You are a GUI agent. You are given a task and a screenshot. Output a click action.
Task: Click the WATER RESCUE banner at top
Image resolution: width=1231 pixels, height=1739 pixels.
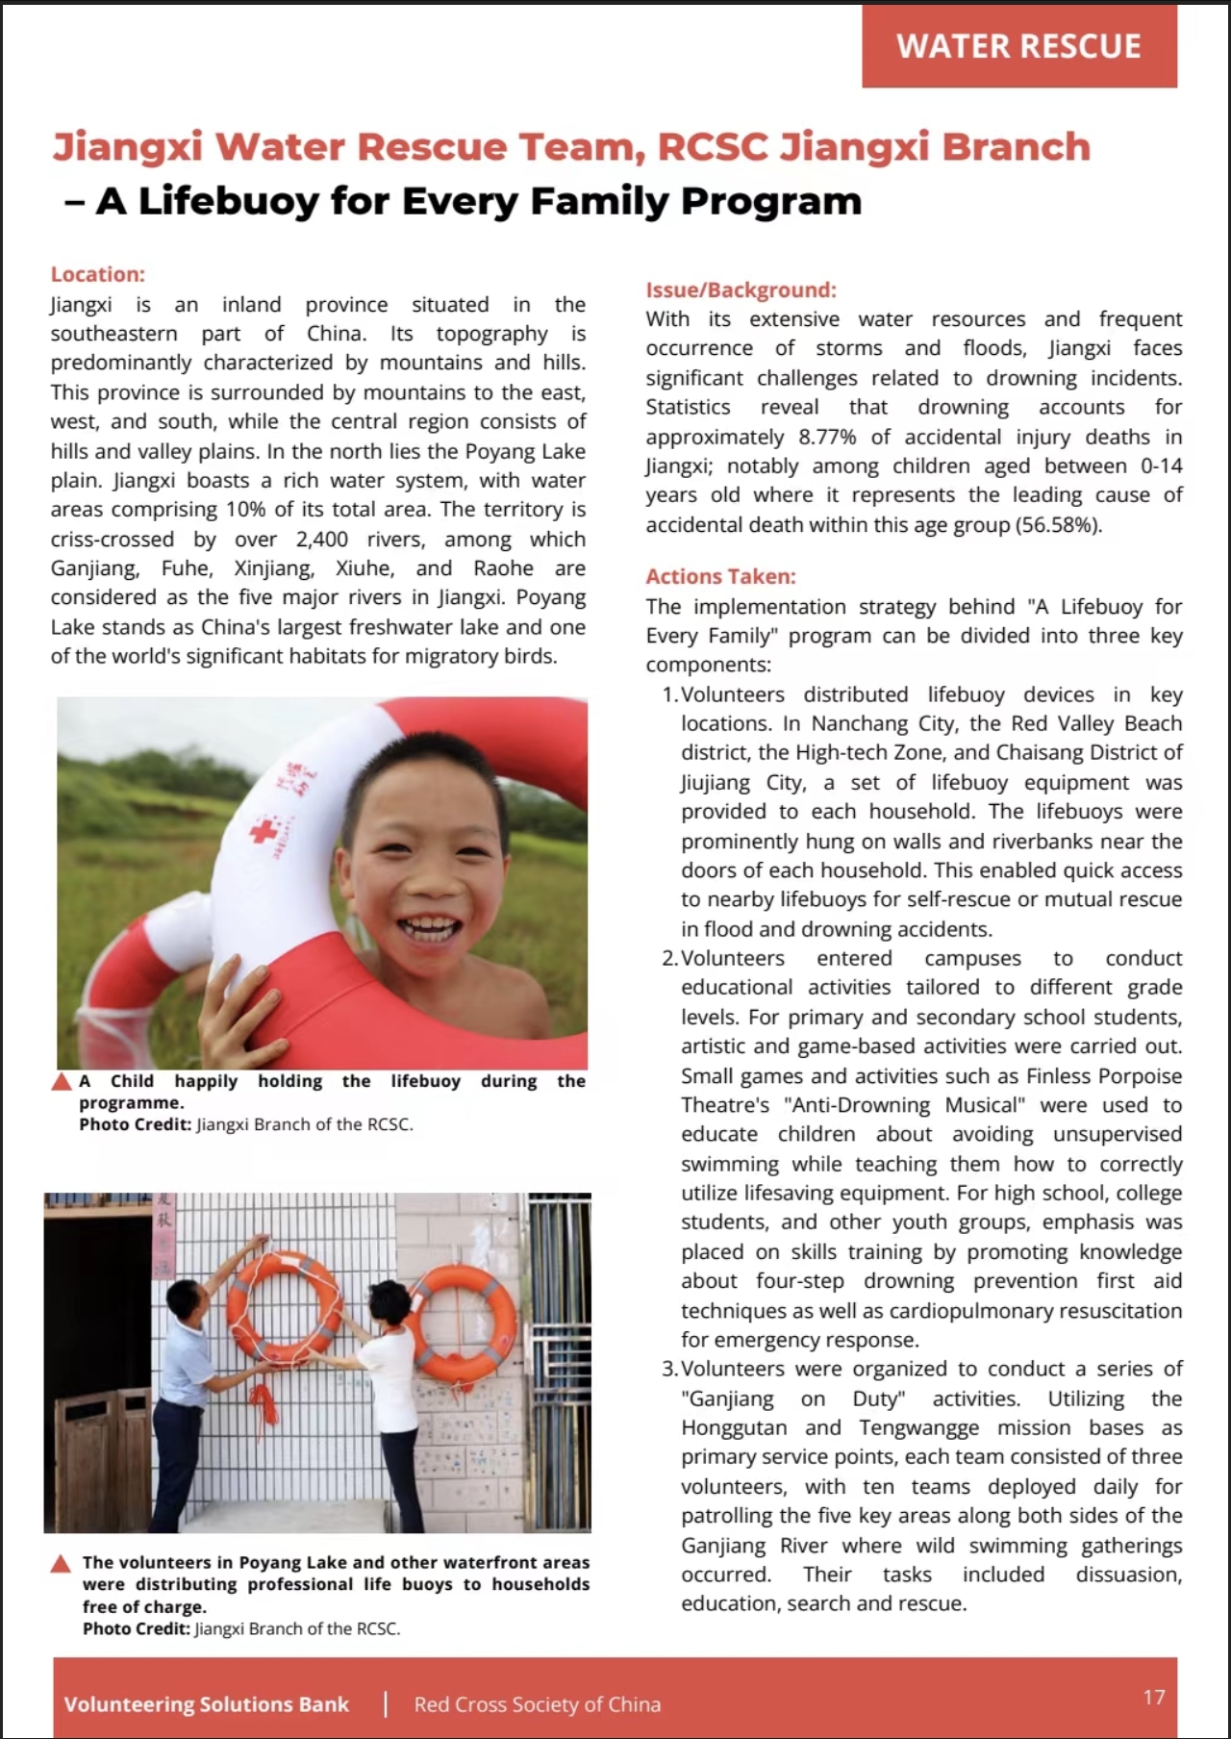(x=1018, y=46)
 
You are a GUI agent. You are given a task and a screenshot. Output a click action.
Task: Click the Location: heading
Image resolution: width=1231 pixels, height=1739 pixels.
(x=97, y=274)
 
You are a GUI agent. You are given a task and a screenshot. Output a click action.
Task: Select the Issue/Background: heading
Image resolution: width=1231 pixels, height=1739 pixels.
(x=741, y=290)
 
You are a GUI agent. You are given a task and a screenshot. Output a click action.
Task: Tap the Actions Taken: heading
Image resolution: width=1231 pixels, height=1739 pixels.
(x=720, y=576)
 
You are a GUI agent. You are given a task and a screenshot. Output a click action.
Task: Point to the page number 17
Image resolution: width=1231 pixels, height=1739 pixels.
(x=1154, y=1697)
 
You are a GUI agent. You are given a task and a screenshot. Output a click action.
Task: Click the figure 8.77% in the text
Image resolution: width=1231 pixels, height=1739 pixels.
(x=826, y=437)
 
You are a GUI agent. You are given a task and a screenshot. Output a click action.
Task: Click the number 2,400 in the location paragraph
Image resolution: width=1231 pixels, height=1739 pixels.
(x=322, y=540)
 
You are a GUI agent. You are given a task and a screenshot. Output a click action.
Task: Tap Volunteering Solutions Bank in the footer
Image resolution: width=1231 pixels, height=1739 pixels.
(x=206, y=1704)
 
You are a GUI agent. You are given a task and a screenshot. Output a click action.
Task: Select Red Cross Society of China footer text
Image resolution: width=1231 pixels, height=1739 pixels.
(x=537, y=1704)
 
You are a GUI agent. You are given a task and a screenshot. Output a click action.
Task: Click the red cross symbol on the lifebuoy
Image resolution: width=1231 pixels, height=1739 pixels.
(x=263, y=830)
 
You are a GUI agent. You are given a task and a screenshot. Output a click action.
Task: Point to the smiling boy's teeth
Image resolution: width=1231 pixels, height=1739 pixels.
(x=429, y=929)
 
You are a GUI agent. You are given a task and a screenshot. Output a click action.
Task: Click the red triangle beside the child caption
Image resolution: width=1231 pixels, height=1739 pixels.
(x=62, y=1082)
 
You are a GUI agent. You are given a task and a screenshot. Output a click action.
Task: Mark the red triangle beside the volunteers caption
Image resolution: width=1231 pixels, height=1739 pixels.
(x=62, y=1563)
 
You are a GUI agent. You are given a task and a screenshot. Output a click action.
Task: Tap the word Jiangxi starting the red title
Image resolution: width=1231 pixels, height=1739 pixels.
(x=127, y=147)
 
